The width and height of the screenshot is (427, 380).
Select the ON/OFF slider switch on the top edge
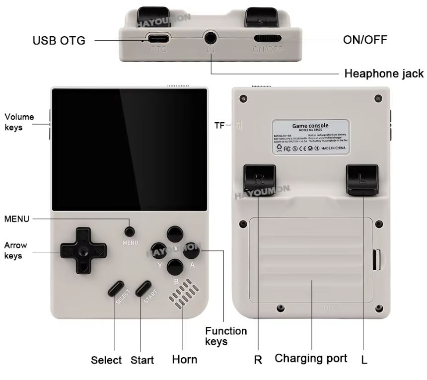click(268, 38)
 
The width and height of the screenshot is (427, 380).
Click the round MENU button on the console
click(130, 231)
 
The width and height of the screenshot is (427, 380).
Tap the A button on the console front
click(191, 252)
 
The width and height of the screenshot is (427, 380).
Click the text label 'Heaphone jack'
click(384, 74)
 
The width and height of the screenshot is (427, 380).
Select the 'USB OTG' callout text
click(59, 41)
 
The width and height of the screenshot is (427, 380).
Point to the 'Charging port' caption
click(311, 358)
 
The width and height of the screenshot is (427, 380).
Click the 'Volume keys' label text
click(19, 122)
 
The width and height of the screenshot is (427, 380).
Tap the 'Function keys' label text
click(226, 336)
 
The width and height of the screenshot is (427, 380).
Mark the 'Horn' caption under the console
click(184, 360)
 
